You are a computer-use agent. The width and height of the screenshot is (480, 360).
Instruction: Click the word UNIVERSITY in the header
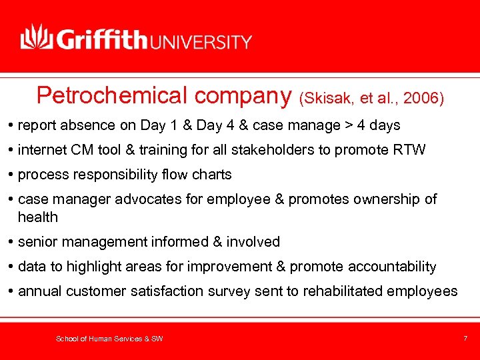[x=203, y=41]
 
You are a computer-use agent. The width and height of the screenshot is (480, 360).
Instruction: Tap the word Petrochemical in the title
[x=113, y=96]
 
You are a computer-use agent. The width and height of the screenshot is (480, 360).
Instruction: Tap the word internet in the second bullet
[x=42, y=150]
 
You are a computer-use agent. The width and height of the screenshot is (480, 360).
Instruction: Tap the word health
[x=38, y=217]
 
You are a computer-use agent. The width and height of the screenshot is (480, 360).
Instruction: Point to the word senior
[x=38, y=242]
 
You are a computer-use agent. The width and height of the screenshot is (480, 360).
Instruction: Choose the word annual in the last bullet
[x=40, y=291]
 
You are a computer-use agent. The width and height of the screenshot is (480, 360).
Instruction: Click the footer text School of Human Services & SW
[x=109, y=339]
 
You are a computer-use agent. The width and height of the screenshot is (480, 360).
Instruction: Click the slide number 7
[x=465, y=339]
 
